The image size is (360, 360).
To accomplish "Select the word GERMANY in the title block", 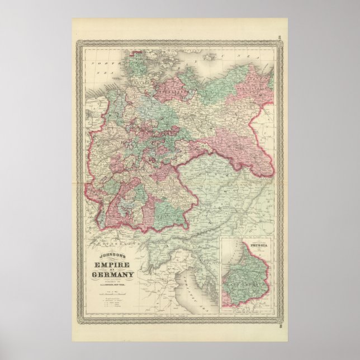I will click(111, 274).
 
